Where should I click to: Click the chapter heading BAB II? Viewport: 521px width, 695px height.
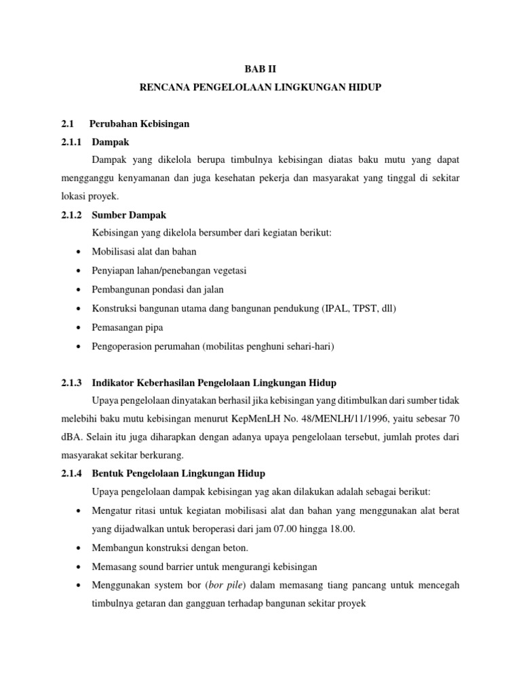260,69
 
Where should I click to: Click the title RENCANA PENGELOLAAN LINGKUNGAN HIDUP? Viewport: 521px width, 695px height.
260,88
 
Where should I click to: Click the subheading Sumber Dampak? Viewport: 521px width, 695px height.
128,215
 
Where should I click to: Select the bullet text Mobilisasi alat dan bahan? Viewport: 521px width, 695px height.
144,252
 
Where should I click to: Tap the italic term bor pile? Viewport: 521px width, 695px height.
229,584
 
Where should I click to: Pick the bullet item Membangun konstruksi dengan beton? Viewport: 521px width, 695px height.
172,548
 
